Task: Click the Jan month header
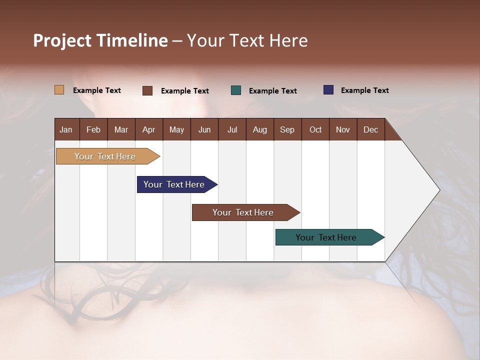[66, 129]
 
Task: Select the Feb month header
[93, 129]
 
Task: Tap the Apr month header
[149, 129]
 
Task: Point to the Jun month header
[204, 129]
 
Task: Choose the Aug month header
[260, 129]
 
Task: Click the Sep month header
[287, 129]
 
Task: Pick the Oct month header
[315, 129]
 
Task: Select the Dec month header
[371, 129]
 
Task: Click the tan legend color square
[59, 90]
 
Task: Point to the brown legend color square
[147, 90]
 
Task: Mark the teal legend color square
[236, 90]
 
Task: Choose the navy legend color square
[328, 90]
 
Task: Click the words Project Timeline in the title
[100, 40]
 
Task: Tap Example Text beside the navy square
[364, 90]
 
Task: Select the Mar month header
[121, 129]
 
